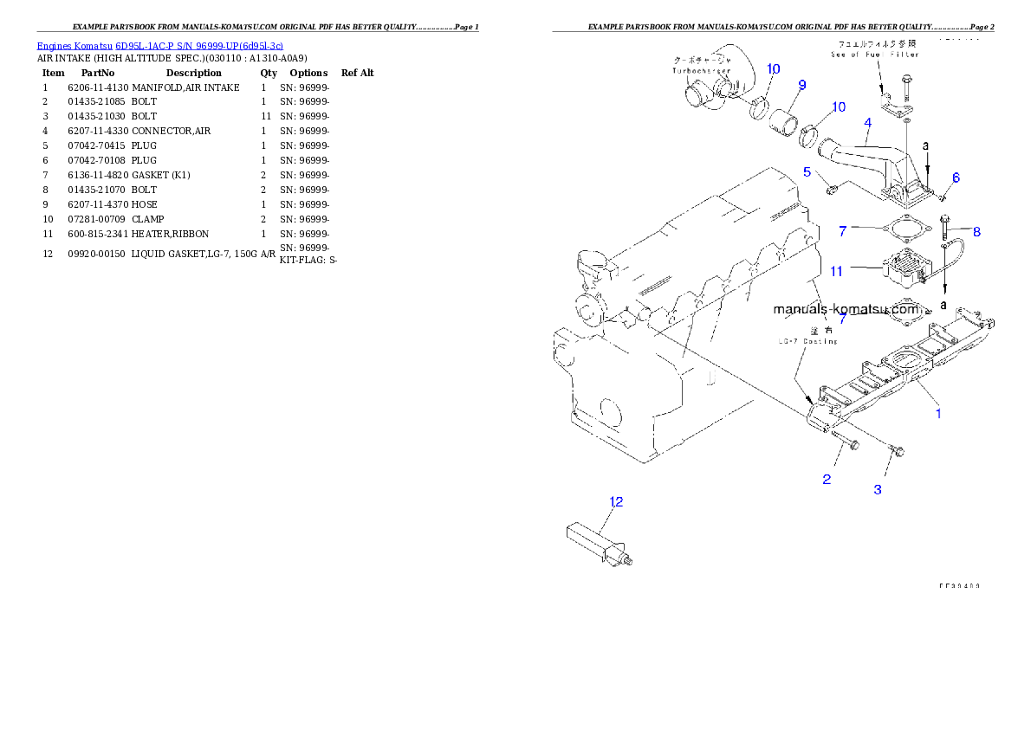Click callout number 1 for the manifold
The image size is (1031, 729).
937,414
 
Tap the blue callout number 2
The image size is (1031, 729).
827,479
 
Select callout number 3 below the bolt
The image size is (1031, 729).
878,489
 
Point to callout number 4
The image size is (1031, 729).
867,124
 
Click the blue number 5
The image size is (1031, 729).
807,171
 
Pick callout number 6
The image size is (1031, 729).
956,177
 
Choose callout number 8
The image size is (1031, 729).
976,231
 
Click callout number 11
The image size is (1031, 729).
836,271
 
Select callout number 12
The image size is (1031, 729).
616,501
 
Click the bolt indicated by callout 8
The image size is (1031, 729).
943,223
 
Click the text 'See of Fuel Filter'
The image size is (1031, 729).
876,54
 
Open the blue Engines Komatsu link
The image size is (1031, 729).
159,45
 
